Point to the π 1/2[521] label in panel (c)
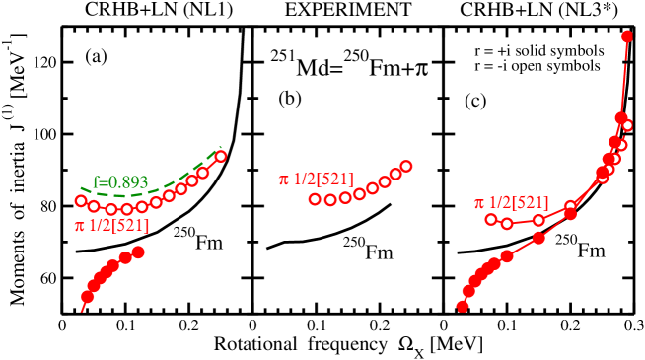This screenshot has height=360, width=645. (x=513, y=202)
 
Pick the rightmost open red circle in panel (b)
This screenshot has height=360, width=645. (x=406, y=166)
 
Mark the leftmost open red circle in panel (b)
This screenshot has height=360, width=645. (x=315, y=199)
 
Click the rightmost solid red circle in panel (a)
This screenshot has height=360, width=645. (x=138, y=252)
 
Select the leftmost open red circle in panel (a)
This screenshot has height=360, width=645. (x=81, y=201)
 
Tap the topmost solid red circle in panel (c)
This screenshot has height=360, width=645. (x=628, y=37)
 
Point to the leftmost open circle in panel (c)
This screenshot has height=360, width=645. (x=491, y=218)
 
